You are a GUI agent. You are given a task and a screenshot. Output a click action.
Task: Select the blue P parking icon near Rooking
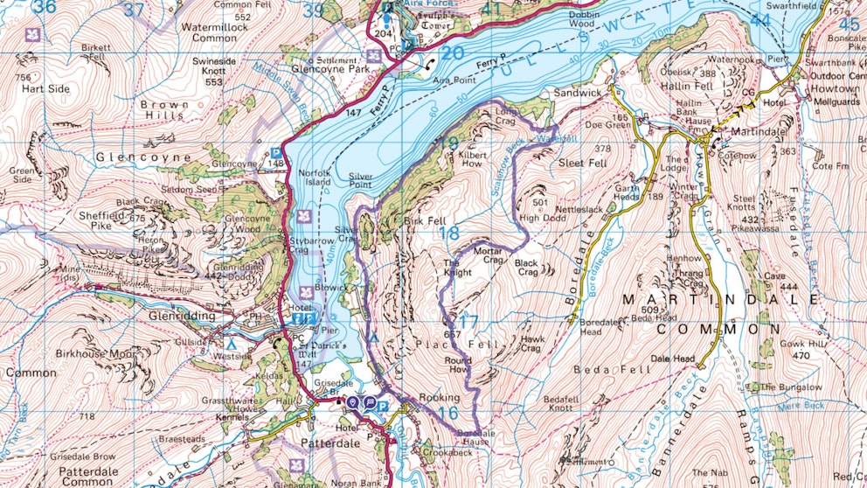point(383,404)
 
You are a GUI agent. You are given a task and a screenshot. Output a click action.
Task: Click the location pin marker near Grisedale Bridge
point(353,402)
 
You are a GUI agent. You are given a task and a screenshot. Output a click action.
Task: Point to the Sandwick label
point(578,92)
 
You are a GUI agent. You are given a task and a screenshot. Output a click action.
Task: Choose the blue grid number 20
point(452,53)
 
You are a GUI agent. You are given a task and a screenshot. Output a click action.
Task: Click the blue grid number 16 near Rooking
point(448,413)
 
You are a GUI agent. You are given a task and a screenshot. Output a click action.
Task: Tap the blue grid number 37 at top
point(134,10)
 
